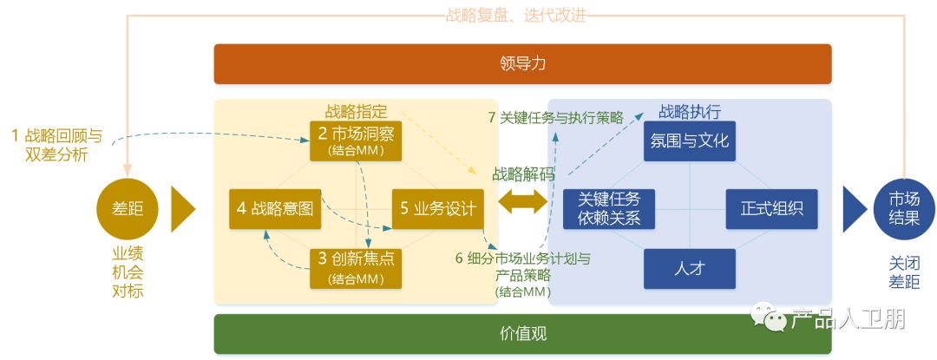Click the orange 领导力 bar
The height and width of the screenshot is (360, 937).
coord(523,63)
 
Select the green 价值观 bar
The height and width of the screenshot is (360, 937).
coord(523,333)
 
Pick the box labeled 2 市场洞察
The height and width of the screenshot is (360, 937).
coord(357,141)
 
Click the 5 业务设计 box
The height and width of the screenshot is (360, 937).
coord(437,208)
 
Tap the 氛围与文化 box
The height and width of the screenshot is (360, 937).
coord(690,141)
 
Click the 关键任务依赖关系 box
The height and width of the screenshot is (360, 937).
coord(609,208)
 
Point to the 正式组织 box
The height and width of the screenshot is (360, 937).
coord(771,208)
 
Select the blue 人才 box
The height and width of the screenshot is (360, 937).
coord(690,269)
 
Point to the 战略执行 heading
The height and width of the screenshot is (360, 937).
coord(690,112)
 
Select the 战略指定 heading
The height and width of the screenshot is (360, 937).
coord(356,112)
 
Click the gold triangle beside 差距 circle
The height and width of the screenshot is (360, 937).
coord(182,208)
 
